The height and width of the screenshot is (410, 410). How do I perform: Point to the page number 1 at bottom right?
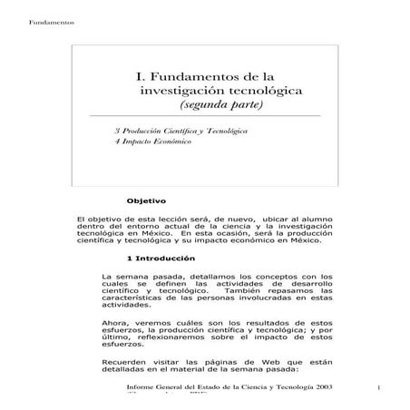pyautogui.click(x=375, y=387)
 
